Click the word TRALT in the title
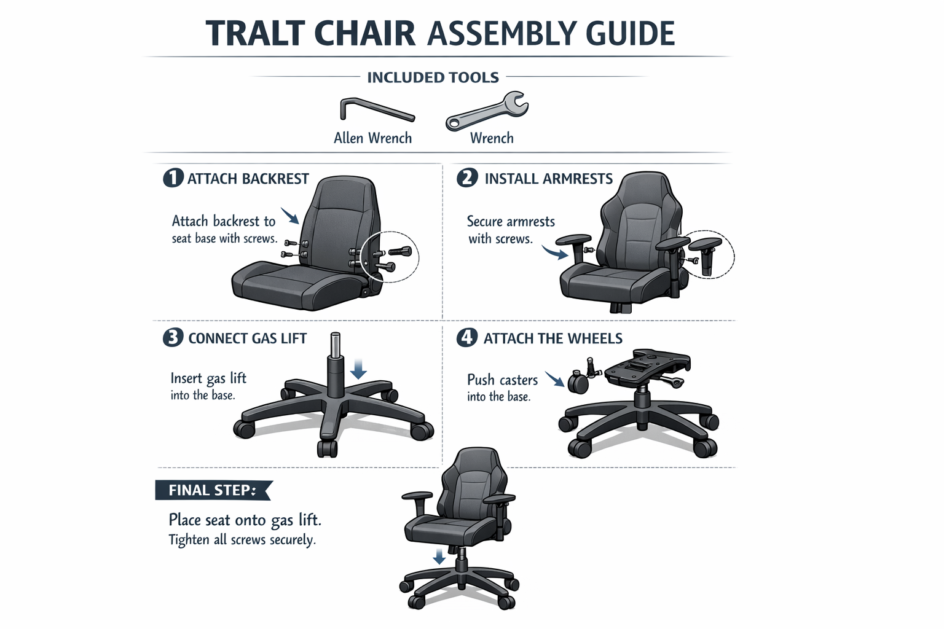255,34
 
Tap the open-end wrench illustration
487,111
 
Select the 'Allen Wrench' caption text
372,138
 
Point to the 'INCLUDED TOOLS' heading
433,77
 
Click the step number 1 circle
173,178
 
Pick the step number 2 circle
467,178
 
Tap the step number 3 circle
173,338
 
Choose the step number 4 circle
467,338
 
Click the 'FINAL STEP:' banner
212,490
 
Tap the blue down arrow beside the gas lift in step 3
358,369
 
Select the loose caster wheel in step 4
578,383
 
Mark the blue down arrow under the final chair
439,557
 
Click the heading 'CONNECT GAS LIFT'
247,338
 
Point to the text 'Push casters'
502,380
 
